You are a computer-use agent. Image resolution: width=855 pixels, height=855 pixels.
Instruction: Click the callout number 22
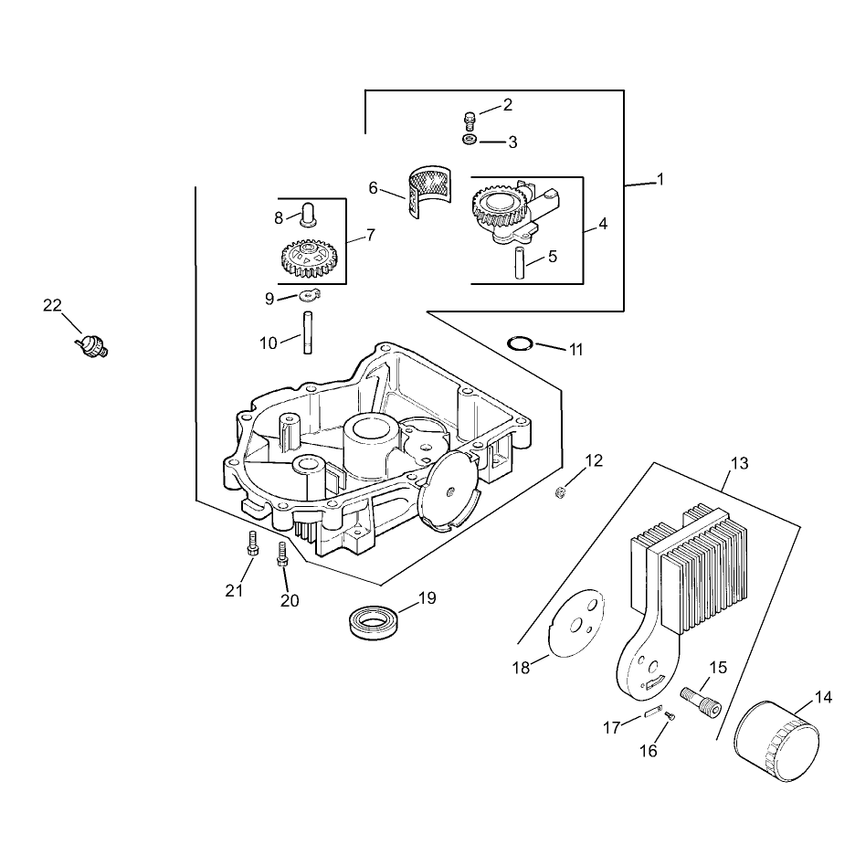click(x=52, y=305)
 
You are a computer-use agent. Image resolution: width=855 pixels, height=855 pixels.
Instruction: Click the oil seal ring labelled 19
click(x=374, y=622)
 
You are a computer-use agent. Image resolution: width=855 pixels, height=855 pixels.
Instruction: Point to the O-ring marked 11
click(x=520, y=344)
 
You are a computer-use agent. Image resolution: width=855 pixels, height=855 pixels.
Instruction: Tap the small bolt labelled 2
click(x=469, y=121)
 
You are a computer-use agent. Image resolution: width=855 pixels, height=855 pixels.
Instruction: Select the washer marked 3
click(x=470, y=140)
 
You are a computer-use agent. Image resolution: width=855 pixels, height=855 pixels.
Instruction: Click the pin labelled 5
click(x=520, y=263)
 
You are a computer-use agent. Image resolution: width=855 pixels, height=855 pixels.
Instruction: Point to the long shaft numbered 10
click(x=308, y=332)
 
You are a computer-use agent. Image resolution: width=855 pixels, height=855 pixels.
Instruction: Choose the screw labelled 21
click(x=252, y=544)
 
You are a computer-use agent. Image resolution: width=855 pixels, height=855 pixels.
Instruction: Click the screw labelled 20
click(x=282, y=554)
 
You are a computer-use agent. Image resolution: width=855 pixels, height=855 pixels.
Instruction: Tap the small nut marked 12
click(x=558, y=493)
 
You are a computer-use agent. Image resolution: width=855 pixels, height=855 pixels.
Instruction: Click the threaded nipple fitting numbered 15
click(x=701, y=702)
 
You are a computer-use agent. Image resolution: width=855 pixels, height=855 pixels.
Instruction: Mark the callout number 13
click(x=739, y=463)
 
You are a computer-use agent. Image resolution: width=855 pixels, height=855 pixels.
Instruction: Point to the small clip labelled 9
click(x=309, y=296)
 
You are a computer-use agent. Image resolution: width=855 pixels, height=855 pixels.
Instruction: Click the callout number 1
click(x=660, y=179)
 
